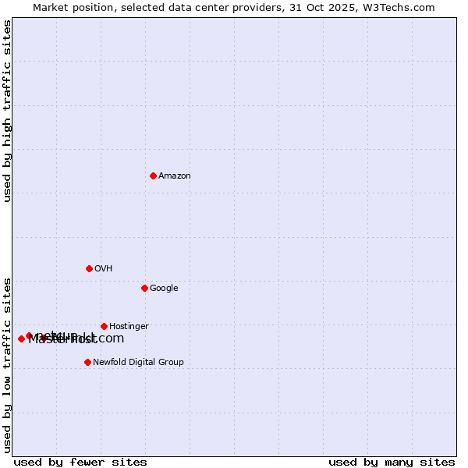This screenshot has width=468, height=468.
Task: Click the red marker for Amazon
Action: pos(153,175)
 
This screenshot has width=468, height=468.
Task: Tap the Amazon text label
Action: pos(175,176)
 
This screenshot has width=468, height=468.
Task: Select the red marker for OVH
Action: pos(89,268)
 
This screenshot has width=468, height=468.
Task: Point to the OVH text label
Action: pos(104,269)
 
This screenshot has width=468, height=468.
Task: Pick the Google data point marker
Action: pos(144,288)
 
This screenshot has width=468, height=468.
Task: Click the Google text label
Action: pos(164,289)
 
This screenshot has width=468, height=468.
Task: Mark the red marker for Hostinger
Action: pos(104,326)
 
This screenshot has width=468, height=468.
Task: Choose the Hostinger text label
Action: pos(129,327)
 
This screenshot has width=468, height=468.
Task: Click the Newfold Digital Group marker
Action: pos(87,362)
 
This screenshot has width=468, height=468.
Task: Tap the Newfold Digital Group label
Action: pos(138,363)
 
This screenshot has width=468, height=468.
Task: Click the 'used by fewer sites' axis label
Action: pos(80,462)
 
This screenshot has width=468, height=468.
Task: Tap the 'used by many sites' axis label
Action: pos(392,462)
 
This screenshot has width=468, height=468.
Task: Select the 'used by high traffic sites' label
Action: pos(8,111)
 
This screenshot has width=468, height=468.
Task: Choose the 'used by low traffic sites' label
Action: pos(8,364)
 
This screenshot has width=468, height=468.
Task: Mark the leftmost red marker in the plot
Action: pos(21,339)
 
